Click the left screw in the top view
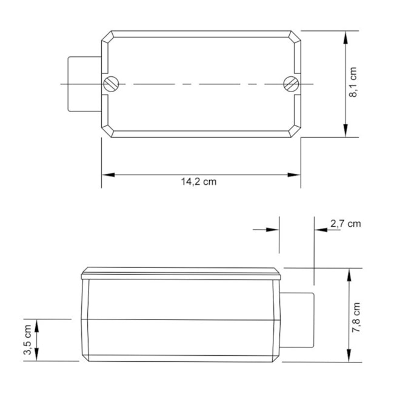tap(110, 84)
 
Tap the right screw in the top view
tap(292, 84)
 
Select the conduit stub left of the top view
tap(83, 84)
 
